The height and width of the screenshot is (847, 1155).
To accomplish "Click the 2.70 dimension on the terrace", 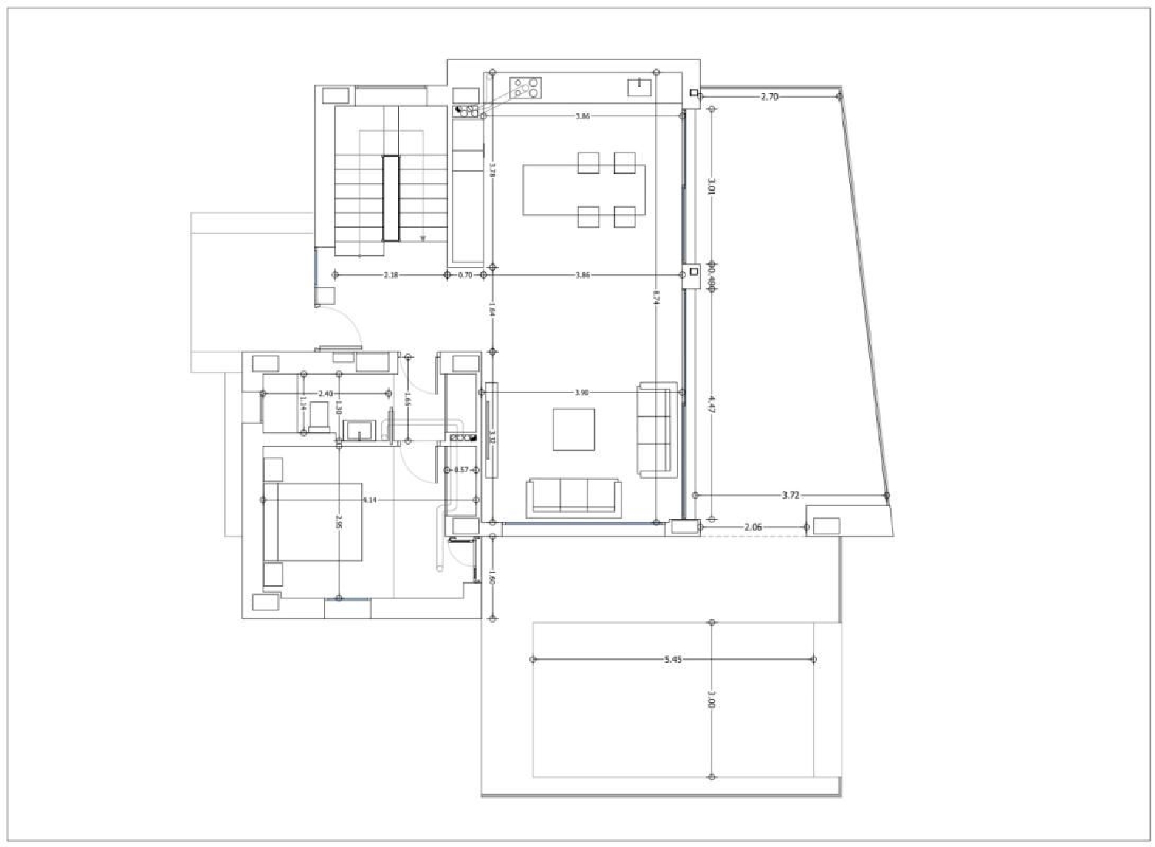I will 769,97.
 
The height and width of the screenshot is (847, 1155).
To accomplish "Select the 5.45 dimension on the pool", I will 672,660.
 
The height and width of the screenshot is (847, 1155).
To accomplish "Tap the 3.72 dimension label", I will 790,496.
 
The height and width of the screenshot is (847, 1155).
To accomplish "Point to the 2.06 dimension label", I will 753,527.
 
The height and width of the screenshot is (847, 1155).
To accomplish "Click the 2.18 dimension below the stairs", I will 391,275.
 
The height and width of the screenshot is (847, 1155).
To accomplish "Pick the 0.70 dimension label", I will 465,275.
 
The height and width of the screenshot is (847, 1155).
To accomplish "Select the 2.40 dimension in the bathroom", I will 325,393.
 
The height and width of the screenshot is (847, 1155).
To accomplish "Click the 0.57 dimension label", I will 461,470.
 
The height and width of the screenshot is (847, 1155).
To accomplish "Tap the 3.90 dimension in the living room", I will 582,393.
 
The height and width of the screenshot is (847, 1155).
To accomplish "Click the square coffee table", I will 574,430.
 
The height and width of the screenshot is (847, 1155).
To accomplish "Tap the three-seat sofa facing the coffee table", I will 574,497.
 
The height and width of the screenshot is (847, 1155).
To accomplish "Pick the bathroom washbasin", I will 359,430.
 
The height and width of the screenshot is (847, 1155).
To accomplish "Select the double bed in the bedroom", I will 313,522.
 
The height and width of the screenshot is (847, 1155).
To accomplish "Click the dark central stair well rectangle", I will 391,199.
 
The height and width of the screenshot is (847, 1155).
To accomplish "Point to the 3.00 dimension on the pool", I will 711,699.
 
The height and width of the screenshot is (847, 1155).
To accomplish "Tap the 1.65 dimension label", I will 407,399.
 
